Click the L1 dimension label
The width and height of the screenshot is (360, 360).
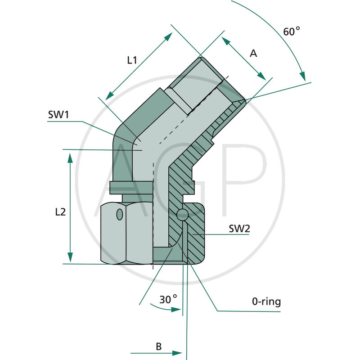click(131, 59)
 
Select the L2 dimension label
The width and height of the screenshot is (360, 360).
click(59, 211)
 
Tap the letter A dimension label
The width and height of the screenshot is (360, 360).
click(253, 54)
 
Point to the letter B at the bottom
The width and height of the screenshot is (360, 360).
click(158, 346)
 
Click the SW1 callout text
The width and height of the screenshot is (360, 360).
click(58, 115)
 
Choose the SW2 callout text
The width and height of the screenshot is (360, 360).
click(239, 229)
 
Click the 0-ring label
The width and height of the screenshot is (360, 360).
click(266, 301)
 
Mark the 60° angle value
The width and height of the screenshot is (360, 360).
click(291, 31)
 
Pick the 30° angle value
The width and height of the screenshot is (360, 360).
click(168, 298)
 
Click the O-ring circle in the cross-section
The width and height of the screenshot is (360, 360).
click(182, 215)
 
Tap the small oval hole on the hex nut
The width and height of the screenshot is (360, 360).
click(119, 214)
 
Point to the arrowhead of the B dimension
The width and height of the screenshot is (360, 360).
click(178, 353)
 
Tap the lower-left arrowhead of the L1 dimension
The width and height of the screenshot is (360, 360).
click(108, 95)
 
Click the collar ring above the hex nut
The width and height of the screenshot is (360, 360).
click(130, 186)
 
